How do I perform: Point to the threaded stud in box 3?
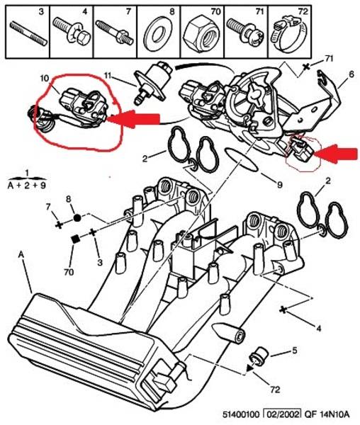[x=29, y=34]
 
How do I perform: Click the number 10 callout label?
[x=45, y=79]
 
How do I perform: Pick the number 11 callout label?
[x=108, y=75]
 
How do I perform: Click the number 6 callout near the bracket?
[x=351, y=74]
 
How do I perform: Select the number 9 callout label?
[x=280, y=185]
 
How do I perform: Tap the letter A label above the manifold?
[x=21, y=255]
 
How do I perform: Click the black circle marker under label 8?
[x=77, y=217]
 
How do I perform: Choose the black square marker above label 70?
[x=76, y=239]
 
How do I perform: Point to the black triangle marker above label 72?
[x=250, y=368]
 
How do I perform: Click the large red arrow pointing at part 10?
[x=133, y=118]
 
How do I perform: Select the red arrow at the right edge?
[x=336, y=154]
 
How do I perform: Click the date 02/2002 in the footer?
[x=283, y=414]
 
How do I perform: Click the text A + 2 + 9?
[x=26, y=186]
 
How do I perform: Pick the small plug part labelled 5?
[x=259, y=354]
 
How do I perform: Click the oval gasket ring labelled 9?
[x=241, y=160]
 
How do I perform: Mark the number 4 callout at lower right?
[x=318, y=329]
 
